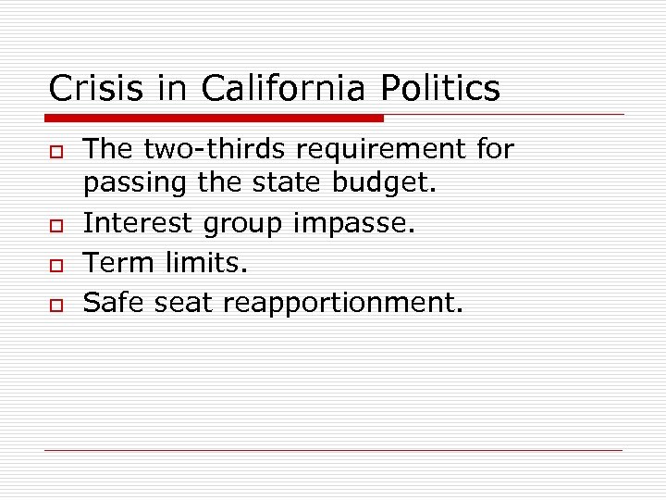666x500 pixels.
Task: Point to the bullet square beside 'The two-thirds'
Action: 54,151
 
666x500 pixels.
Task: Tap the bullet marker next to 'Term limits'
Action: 54,265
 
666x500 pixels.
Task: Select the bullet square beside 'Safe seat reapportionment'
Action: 54,304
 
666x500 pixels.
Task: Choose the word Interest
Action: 137,223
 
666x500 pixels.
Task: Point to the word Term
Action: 119,262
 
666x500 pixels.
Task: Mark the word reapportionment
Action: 351,303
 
